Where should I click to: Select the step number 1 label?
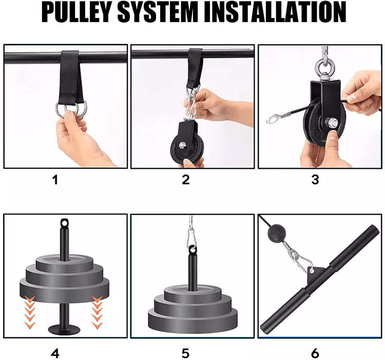point(55,179)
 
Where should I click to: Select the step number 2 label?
point(186,179)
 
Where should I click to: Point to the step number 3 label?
point(315,179)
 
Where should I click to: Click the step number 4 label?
point(55,353)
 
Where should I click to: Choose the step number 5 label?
point(186,353)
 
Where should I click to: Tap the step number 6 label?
point(315,353)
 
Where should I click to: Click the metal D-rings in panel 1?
point(71,109)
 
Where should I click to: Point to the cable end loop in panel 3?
point(273,119)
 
